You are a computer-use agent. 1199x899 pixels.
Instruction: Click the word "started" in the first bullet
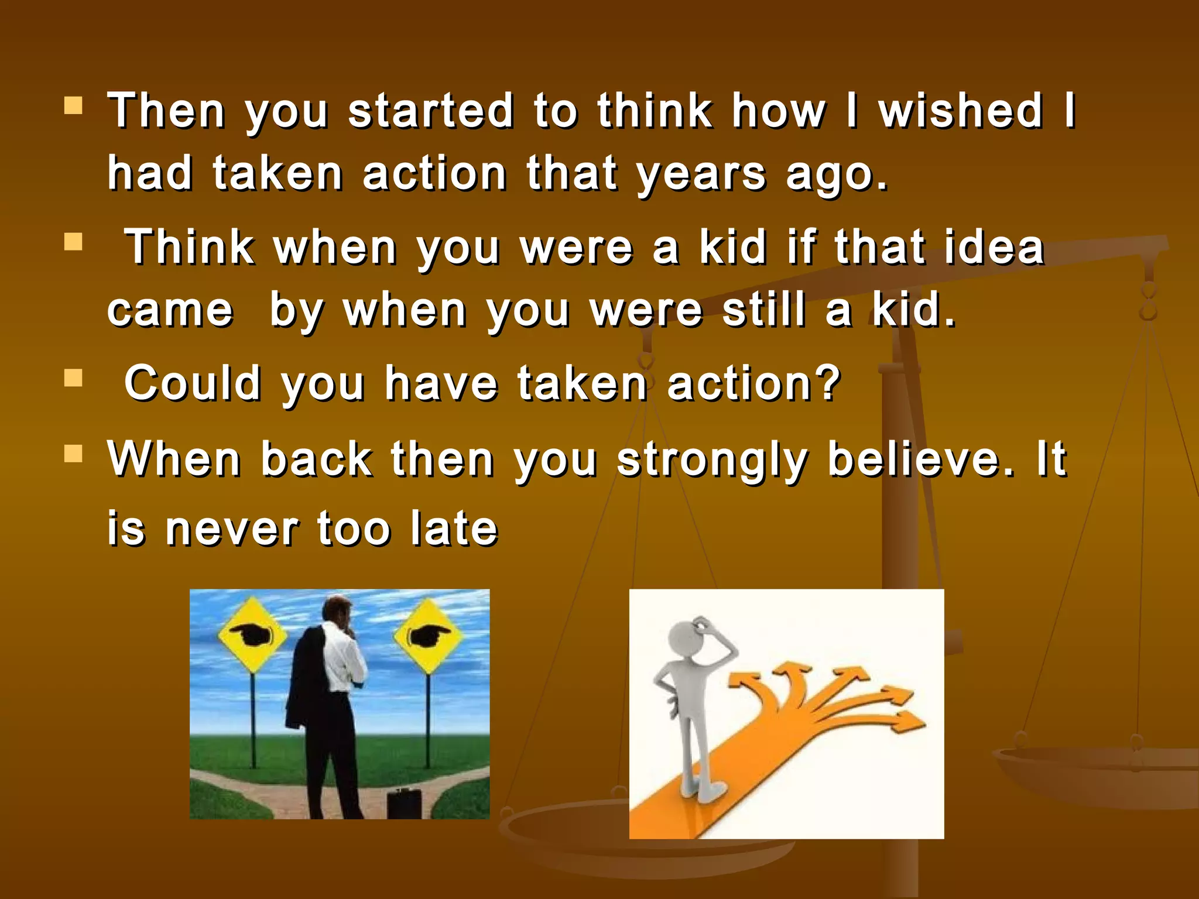431,111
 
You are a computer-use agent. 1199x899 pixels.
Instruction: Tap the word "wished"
961,111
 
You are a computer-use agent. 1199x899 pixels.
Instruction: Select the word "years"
701,174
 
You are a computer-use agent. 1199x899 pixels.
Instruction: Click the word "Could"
193,383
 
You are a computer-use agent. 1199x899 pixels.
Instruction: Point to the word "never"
232,529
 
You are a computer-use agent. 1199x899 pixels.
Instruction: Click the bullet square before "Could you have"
73,378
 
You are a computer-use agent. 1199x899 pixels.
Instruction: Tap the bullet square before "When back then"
73,454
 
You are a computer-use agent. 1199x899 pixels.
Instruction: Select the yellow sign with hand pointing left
252,635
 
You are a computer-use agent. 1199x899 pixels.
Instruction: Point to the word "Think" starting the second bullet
190,247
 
